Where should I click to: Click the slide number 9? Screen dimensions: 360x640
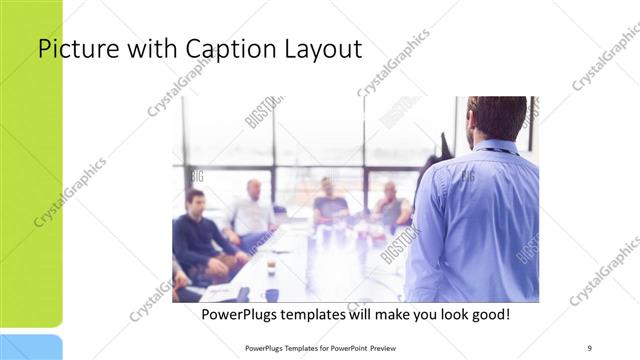tap(590, 347)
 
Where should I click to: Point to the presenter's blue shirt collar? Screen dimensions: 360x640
tap(497, 147)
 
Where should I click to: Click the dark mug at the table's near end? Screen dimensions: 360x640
tap(272, 295)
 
